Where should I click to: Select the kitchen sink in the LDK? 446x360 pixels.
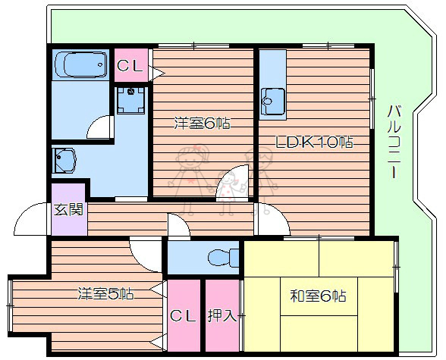point(271,99)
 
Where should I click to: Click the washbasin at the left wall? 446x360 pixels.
point(65,159)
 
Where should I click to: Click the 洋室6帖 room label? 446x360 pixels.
point(202,123)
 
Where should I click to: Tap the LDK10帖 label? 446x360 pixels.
point(314,142)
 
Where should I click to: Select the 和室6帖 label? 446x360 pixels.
point(319,296)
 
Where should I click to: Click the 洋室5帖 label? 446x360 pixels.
point(106,293)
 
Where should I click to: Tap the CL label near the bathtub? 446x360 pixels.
point(130,66)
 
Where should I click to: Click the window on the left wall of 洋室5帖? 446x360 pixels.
point(10,303)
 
